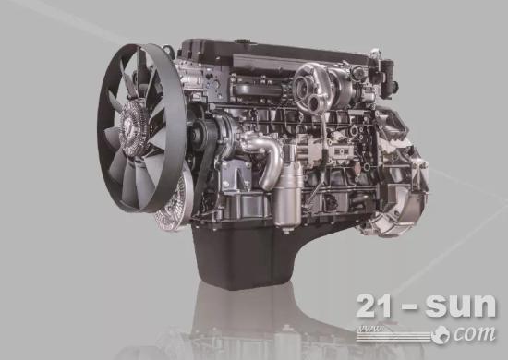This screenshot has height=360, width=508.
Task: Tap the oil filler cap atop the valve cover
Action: coord(240,42)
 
